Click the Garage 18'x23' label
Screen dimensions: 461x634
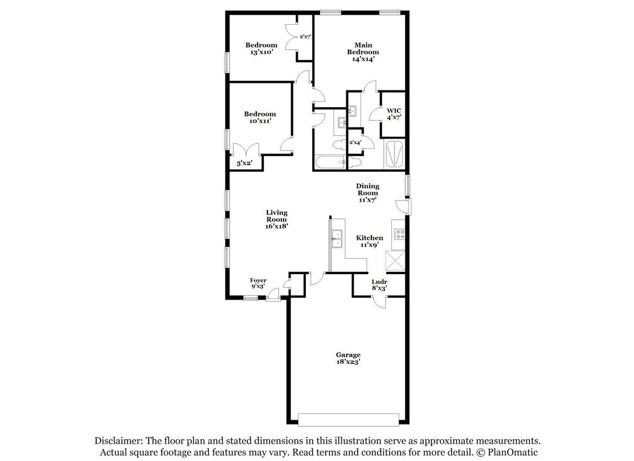349,358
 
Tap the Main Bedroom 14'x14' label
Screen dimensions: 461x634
362,52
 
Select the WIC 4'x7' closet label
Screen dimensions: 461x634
394,114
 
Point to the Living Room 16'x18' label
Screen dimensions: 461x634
276,219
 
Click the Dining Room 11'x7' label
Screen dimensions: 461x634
367,192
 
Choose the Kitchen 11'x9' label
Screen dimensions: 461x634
369,241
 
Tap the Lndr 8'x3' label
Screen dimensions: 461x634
380,285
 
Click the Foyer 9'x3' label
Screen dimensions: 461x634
258,284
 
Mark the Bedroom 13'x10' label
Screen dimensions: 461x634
261,49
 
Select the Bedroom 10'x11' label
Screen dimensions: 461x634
259,118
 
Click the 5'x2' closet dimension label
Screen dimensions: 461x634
245,163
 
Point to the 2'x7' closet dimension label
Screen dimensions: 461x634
305,37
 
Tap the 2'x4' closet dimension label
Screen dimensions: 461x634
355,143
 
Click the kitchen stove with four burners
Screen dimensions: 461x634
399,235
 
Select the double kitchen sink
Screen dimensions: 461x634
337,238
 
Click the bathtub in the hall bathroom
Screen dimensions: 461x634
329,163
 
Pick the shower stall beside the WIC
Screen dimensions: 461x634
394,155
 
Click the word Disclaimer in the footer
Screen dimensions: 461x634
118,441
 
